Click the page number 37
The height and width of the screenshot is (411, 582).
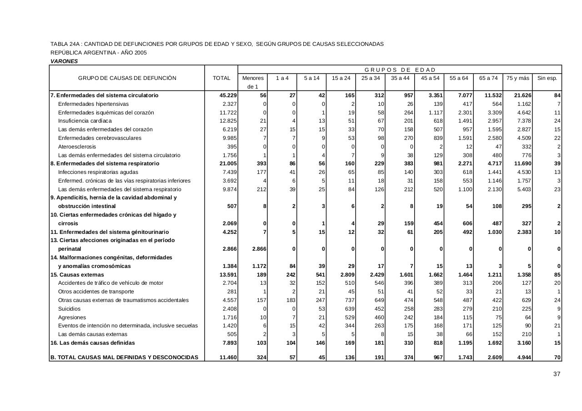pos(557,374)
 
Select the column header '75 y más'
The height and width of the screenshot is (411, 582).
pos(517,78)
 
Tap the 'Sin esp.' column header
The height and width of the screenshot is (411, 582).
pos(547,78)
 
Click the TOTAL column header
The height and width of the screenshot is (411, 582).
pos(221,78)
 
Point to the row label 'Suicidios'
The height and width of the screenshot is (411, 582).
pos(69,309)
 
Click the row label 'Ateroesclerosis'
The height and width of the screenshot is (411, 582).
pos(77,147)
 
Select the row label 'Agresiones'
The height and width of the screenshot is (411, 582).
pos(72,317)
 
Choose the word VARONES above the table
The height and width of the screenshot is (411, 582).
pos(64,61)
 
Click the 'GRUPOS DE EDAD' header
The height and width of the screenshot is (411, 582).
pos(400,70)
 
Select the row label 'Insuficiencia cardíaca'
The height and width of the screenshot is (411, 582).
pos(85,121)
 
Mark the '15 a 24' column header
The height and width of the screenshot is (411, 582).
pos(341,78)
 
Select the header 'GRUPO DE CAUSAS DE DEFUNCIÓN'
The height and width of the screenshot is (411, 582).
pos(127,78)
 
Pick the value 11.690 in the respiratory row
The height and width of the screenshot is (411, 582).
pos(520,163)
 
